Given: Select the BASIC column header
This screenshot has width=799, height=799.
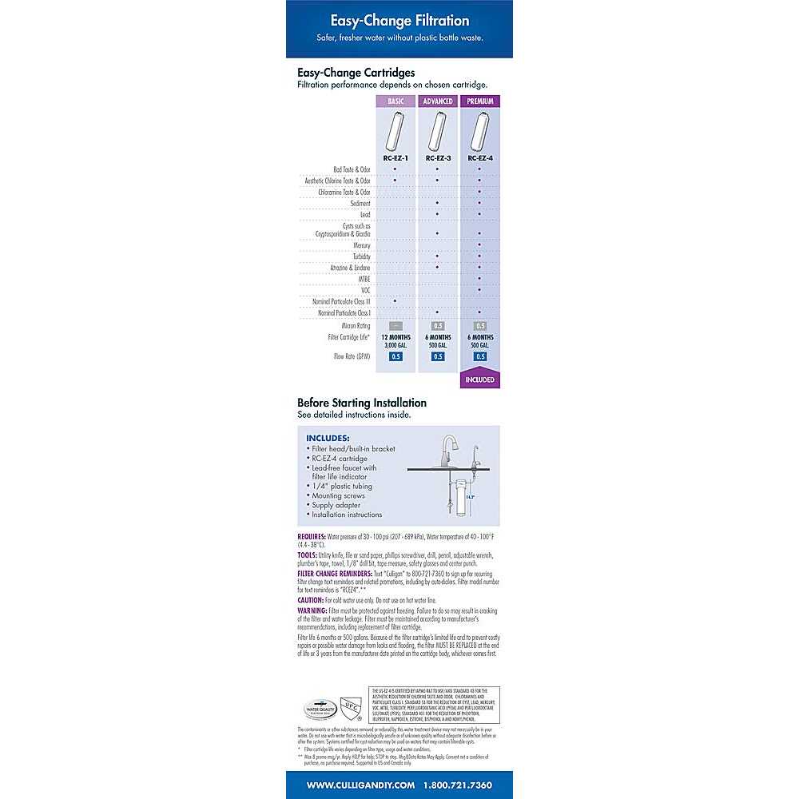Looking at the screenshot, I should tap(396, 101).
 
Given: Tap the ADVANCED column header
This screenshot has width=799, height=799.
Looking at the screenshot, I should tap(438, 101).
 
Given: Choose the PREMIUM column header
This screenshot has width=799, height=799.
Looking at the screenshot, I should tap(479, 101).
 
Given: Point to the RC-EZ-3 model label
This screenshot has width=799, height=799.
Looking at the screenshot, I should tap(438, 158).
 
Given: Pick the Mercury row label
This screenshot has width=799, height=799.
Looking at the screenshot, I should tap(361, 245).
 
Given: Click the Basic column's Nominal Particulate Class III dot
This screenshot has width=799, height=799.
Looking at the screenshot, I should tap(396, 300).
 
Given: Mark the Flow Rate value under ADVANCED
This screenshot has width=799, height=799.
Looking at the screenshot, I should tap(438, 356).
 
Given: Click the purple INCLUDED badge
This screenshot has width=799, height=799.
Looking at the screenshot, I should tap(479, 380).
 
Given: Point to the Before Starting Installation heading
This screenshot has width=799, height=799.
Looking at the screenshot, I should tap(362, 403).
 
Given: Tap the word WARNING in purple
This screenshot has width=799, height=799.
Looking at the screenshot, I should tap(312, 610).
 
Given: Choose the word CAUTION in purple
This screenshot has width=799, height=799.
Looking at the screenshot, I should tap(311, 599).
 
